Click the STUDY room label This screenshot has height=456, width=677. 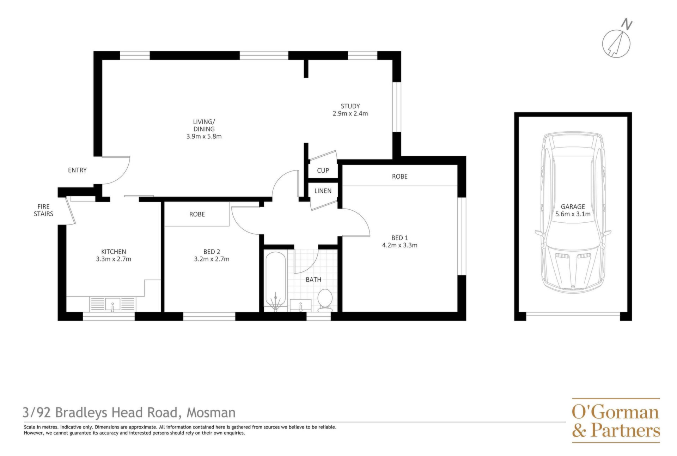tap(350, 106)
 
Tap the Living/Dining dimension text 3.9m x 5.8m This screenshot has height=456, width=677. tap(204, 136)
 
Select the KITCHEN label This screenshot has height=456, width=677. tap(114, 252)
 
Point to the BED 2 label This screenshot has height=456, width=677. tap(212, 252)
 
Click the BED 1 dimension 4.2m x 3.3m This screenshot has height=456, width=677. tap(400, 245)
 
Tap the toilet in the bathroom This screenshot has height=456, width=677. tap(324, 300)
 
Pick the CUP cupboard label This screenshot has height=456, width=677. tap(323, 170)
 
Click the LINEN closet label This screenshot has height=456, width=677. tap(323, 191)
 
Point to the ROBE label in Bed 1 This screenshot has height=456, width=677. tap(400, 176)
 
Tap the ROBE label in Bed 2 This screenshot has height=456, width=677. tap(197, 214)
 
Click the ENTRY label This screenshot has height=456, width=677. tap(77, 170)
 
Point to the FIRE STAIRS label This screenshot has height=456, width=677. tap(43, 210)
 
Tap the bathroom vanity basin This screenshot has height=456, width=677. tap(300, 305)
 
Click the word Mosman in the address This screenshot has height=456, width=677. tap(211, 412)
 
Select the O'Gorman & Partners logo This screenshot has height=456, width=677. tap(616, 420)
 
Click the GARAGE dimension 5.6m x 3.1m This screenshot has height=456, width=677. tap(573, 214)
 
